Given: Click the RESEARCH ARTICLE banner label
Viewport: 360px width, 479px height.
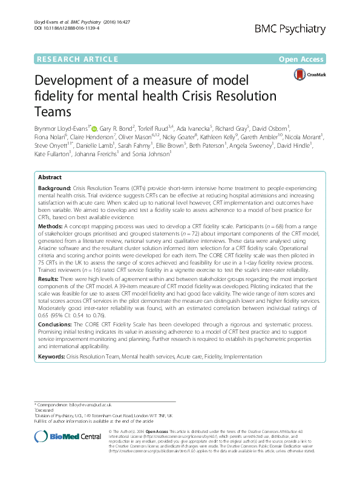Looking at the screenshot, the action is tap(77, 59).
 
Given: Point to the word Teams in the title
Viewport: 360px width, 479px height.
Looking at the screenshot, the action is tap(56, 112).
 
